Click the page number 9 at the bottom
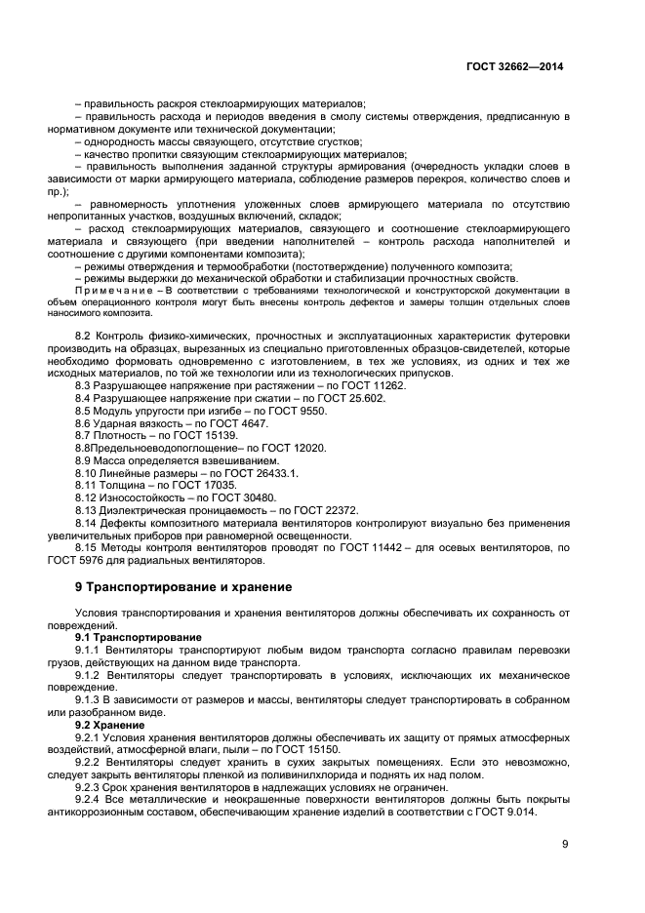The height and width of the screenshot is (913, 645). pyautogui.click(x=564, y=845)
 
